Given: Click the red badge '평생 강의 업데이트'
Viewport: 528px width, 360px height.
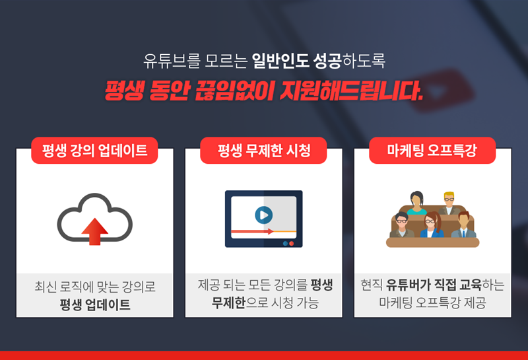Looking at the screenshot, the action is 94,151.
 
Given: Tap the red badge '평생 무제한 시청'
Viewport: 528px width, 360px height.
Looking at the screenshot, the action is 263,151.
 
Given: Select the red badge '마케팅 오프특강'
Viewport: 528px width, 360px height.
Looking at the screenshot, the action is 432,151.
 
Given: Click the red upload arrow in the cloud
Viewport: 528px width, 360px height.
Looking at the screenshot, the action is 94,231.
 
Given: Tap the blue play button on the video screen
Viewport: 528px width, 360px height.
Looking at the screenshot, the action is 263,215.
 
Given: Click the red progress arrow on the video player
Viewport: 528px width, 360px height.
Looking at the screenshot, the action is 252,232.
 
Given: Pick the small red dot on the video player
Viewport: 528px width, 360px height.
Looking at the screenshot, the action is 292,243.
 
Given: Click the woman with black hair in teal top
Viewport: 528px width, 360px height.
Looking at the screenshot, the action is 417,203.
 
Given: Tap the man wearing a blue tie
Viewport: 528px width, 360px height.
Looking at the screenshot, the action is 464,225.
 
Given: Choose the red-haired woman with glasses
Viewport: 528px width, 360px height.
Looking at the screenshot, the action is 432,225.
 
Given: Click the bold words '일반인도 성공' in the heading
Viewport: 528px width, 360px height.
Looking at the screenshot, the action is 296,61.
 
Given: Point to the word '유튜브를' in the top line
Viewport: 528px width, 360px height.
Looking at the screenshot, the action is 172,61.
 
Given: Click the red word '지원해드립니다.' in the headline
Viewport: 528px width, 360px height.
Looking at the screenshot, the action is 352,90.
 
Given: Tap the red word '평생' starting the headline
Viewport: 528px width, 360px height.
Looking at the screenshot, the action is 124,90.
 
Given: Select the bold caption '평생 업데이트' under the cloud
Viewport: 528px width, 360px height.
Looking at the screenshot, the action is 95,305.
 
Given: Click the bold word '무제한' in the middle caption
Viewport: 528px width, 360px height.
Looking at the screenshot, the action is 228,303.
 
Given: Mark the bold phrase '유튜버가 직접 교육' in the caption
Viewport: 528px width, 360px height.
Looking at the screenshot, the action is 434,285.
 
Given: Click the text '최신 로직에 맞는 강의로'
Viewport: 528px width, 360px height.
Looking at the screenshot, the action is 95,287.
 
